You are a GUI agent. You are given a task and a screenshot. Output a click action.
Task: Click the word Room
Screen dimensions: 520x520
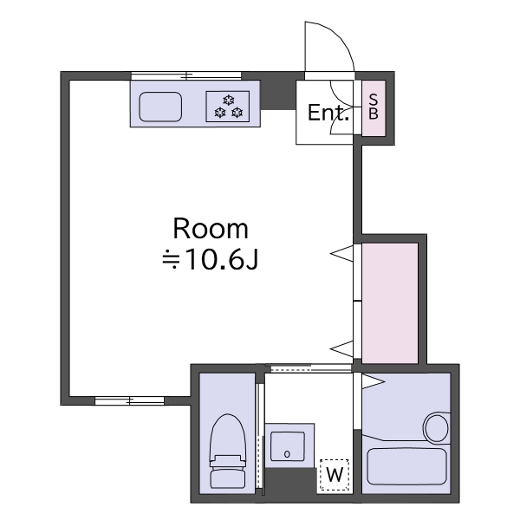[211, 229]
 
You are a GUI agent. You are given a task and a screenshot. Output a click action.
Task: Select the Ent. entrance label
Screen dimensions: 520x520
[328, 113]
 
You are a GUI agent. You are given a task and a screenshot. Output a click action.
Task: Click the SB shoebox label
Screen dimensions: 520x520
[374, 107]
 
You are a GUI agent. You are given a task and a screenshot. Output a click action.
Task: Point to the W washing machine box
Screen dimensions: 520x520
[335, 475]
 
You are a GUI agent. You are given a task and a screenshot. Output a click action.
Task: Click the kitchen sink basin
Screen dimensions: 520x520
[160, 107]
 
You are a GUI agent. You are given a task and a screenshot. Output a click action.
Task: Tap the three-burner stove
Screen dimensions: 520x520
[227, 107]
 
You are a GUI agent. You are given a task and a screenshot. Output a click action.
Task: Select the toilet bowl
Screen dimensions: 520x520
[228, 437]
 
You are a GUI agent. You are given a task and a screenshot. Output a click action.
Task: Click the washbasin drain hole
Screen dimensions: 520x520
[287, 454]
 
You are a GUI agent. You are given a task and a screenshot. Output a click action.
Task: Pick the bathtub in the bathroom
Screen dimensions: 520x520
[407, 466]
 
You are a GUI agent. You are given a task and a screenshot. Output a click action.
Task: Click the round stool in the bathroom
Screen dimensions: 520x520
[436, 428]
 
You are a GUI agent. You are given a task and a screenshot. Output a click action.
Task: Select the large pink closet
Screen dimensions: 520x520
[390, 303]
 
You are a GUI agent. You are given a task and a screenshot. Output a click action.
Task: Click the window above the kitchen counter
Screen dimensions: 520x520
[186, 76]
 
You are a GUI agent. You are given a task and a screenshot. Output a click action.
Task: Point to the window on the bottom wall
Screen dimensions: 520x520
[130, 400]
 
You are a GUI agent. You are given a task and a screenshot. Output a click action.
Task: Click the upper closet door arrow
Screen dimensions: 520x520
[341, 254]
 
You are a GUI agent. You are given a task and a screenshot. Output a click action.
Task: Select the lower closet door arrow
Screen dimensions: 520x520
[341, 349]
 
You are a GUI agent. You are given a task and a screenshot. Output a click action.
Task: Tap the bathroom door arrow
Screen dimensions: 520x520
[373, 381]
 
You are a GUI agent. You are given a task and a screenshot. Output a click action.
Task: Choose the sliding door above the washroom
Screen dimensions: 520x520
[311, 367]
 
